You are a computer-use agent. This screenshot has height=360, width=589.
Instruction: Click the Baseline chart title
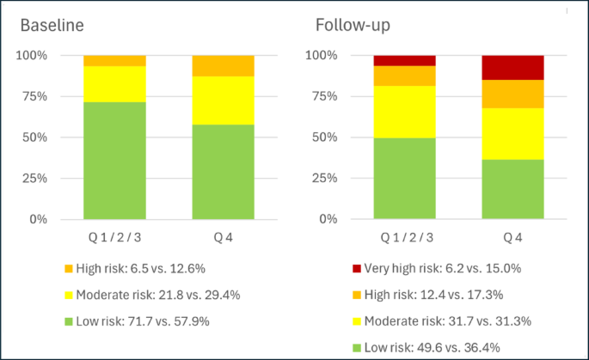(52, 25)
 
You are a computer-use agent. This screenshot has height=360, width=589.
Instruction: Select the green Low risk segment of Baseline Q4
(223, 172)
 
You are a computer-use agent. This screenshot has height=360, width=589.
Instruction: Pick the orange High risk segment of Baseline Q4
(223, 65)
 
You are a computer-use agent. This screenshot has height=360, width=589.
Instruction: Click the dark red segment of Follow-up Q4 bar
(512, 67)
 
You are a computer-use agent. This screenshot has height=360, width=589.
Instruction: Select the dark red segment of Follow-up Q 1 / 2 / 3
(404, 60)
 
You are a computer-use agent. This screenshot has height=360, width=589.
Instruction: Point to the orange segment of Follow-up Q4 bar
(512, 94)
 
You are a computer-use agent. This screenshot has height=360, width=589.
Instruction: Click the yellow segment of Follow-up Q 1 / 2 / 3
(404, 112)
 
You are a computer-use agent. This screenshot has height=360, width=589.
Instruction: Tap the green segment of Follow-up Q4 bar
(512, 189)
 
